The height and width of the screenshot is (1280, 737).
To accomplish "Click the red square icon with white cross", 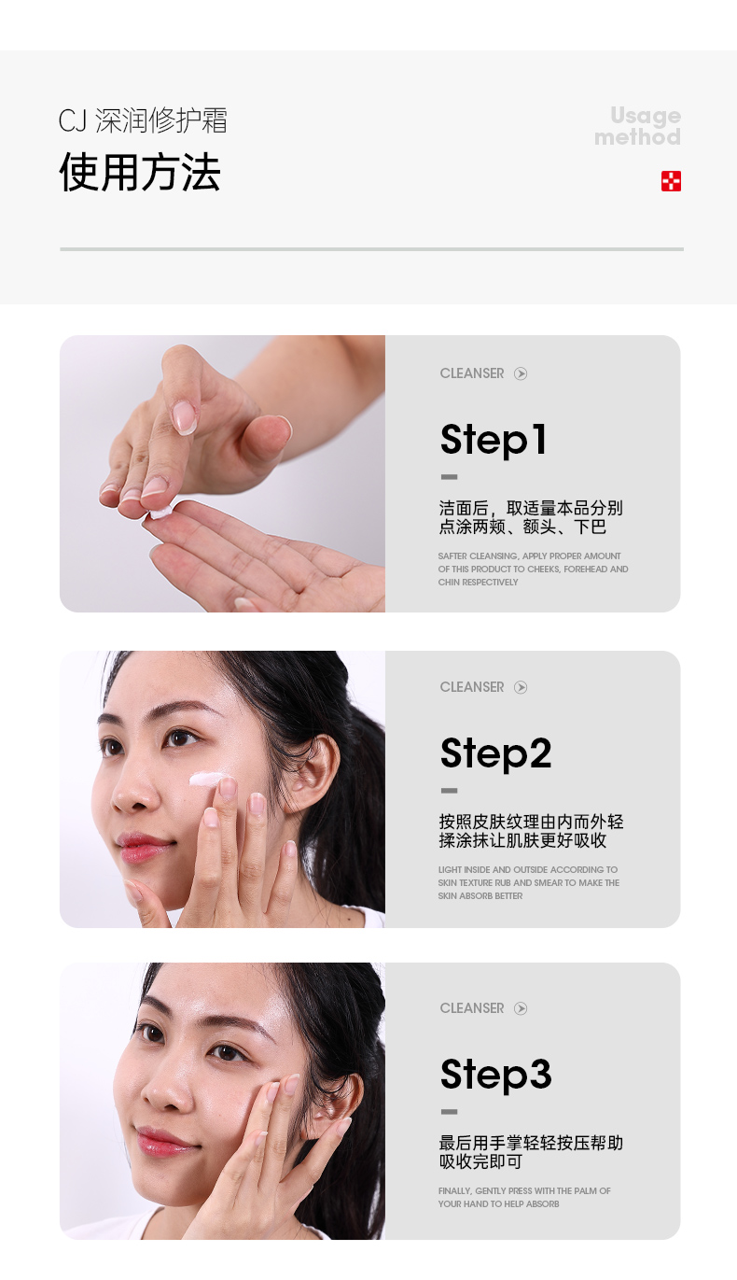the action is coord(671,181).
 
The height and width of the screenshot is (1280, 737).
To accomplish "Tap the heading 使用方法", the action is coord(140,172).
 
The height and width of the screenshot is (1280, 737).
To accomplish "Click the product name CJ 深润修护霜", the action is coord(143,120).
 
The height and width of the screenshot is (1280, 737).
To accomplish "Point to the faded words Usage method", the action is coord(638,126).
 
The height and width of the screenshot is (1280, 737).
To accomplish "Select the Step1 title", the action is coord(494,440).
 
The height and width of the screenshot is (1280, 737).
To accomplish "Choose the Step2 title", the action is coord(495,753).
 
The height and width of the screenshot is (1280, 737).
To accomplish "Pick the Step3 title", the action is coord(495,1075).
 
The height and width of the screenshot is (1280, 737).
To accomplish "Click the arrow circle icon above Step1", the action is coord(520,373).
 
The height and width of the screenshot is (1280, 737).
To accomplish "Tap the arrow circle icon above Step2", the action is coord(520,687).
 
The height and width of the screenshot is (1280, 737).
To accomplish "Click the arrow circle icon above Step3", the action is coord(520,1008).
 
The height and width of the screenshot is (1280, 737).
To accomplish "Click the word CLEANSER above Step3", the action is coord(471,1008).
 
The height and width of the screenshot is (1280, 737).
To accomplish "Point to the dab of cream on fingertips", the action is coord(160,512).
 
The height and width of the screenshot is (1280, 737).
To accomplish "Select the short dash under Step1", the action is coord(449,476).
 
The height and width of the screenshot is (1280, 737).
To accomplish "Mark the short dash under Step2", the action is coord(449,790).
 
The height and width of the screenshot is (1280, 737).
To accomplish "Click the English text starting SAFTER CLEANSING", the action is coord(533,570).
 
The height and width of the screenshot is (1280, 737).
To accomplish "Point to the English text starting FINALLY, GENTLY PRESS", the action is coord(524,1197).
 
